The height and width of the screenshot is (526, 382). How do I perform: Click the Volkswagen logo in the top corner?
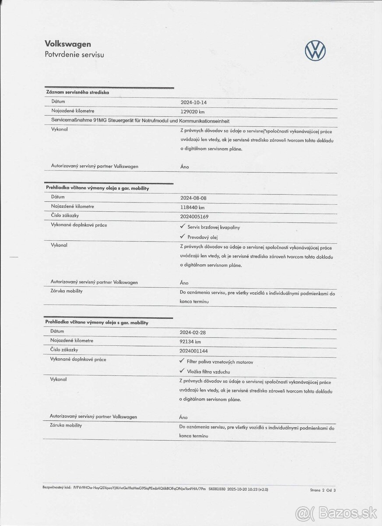coord(315,51)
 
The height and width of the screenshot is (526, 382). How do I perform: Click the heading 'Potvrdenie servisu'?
coord(74,55)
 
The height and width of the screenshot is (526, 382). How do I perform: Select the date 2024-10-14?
coord(193,102)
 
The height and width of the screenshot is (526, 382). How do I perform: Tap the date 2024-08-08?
coord(193,198)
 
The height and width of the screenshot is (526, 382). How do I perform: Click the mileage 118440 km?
coord(193,207)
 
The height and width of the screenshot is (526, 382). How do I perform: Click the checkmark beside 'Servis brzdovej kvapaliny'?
coord(182,227)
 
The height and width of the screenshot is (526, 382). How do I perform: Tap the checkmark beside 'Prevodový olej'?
coord(182,236)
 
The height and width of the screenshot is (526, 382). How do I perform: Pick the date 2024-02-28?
coord(193,332)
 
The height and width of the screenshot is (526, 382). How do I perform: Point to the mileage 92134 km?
coord(190,341)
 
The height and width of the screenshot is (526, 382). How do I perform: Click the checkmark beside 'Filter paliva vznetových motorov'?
coord(182,361)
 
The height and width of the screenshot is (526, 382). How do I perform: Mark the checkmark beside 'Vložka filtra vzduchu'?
coord(182,371)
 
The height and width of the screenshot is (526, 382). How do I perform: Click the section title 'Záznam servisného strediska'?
coord(78,92)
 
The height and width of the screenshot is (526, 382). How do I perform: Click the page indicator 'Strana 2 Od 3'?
coord(323,490)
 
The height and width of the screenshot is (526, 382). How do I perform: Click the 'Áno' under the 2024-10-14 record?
coord(185,167)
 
